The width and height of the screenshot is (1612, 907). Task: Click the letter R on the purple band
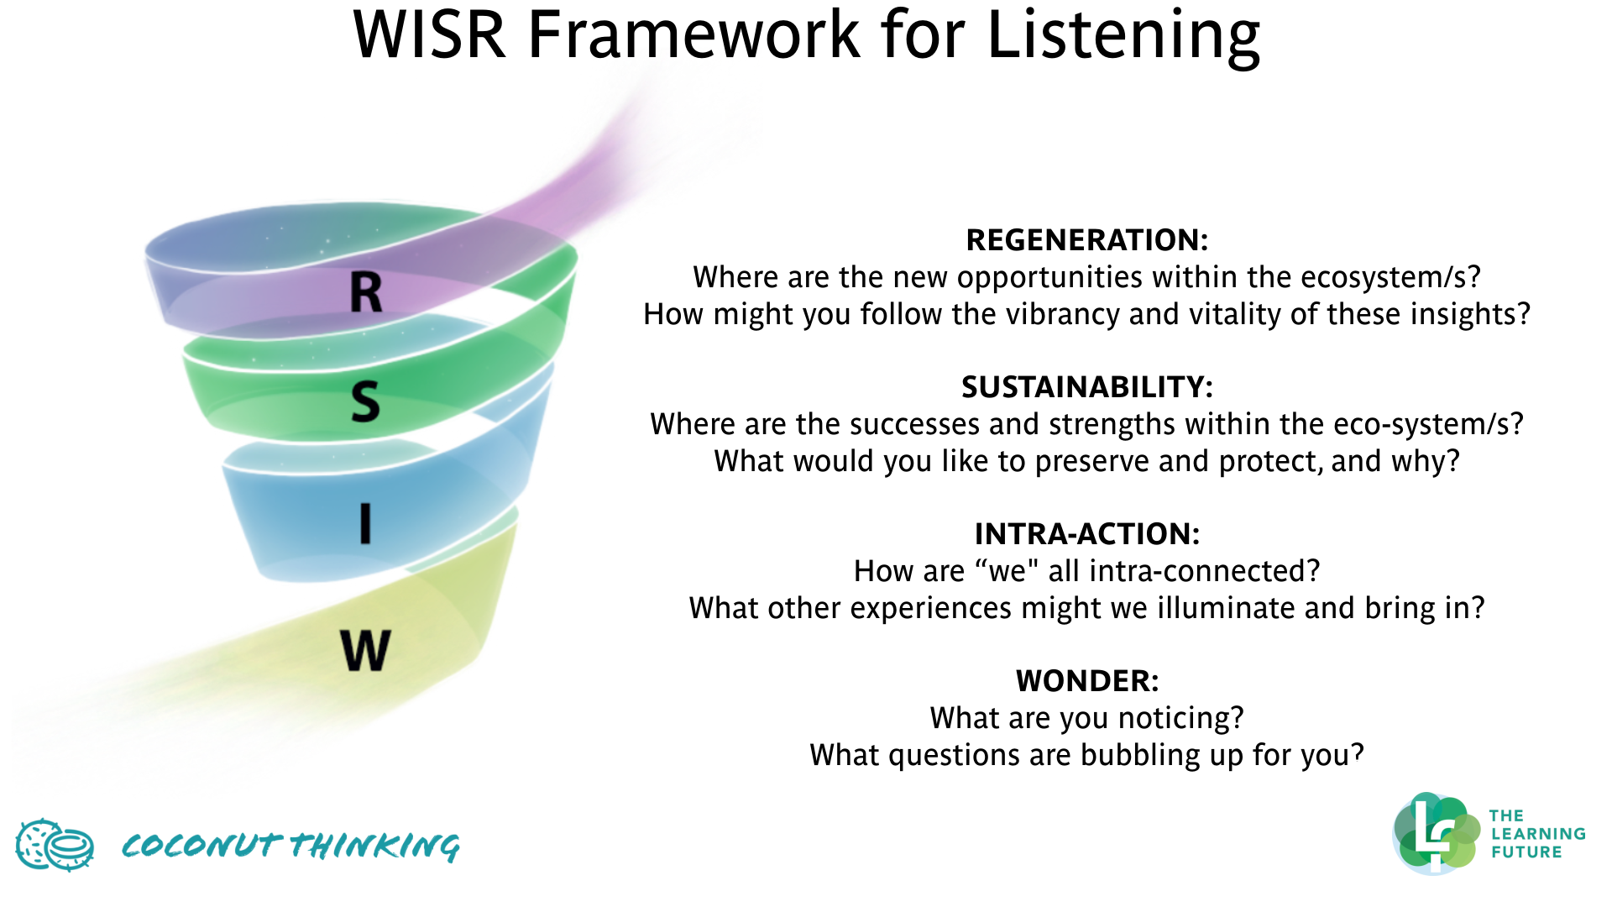click(366, 293)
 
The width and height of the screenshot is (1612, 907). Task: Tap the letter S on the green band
click(365, 401)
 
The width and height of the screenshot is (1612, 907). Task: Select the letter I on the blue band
click(365, 524)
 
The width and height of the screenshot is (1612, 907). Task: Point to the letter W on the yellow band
click(365, 650)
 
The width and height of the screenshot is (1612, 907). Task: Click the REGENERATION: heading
click(1086, 240)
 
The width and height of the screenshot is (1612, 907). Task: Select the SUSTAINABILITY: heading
click(1086, 387)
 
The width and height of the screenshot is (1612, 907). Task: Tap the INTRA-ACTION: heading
click(1086, 534)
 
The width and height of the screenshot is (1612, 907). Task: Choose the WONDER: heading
click(1086, 681)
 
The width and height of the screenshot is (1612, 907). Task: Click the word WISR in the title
click(429, 35)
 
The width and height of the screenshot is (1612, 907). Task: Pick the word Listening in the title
click(1123, 35)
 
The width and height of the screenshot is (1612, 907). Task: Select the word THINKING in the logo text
click(375, 846)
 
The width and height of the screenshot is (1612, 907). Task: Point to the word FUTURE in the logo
click(1526, 852)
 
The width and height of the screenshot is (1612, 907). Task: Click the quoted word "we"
click(1007, 571)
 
